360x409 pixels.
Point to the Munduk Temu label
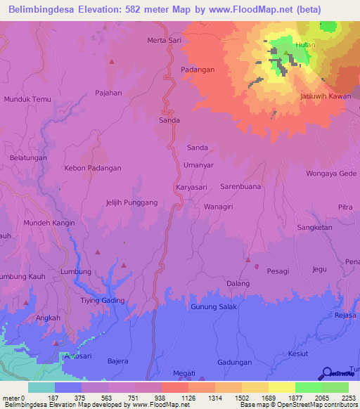point(28,100)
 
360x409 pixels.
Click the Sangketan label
point(314,228)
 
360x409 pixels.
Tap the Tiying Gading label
point(102,301)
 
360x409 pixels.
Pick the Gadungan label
point(235,363)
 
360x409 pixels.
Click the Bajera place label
point(117,361)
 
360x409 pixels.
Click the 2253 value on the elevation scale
point(349,397)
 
